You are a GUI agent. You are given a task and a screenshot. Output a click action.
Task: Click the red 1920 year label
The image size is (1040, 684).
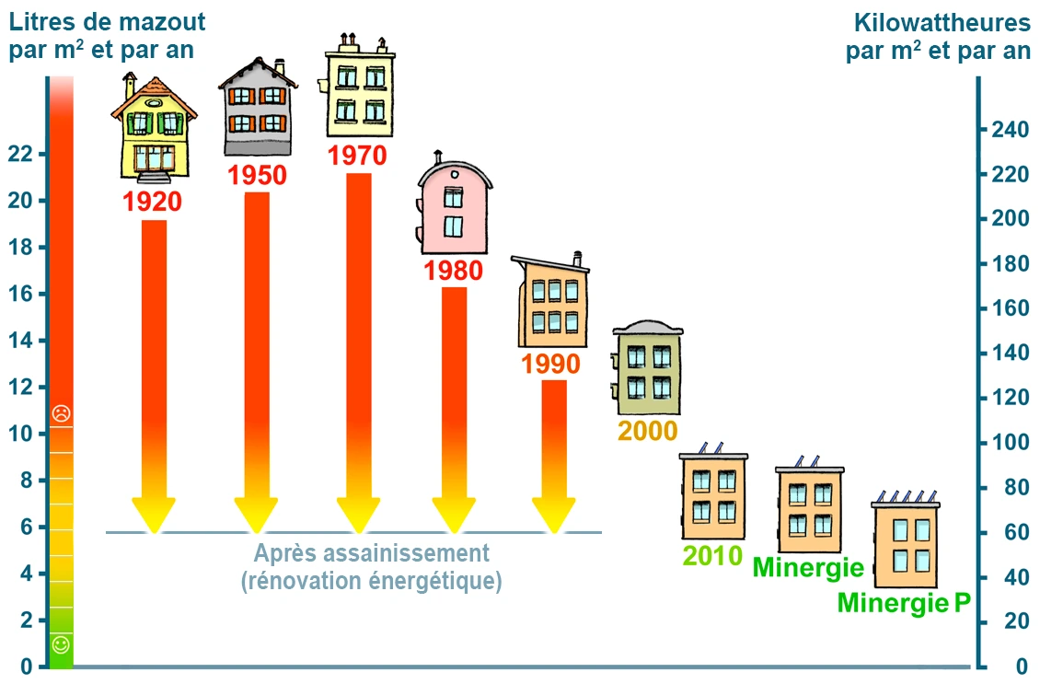(x=154, y=202)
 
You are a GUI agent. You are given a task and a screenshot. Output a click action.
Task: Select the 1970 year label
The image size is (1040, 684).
(x=357, y=155)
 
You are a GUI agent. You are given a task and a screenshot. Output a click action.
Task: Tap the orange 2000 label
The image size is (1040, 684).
(x=647, y=431)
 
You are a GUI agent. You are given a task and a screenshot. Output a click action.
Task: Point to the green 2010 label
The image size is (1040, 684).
(x=711, y=556)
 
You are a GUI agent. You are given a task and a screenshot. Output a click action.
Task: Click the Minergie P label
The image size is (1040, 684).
(x=904, y=604)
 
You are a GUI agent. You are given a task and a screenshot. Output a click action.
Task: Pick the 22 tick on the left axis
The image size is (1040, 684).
(x=20, y=154)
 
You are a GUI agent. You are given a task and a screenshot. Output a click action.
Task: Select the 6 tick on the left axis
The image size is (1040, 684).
(x=27, y=527)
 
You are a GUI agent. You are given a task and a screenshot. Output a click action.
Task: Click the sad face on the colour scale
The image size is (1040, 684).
(x=61, y=413)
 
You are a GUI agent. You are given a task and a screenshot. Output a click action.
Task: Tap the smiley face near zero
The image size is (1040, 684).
(x=61, y=644)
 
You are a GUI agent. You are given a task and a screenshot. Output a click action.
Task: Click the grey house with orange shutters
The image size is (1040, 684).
(x=258, y=109)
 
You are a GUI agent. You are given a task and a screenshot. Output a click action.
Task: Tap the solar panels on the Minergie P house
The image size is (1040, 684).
(x=907, y=498)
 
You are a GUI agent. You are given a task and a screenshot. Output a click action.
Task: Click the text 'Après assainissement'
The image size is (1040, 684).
(x=371, y=555)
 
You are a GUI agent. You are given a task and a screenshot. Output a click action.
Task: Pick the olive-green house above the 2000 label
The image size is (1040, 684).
(x=648, y=368)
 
